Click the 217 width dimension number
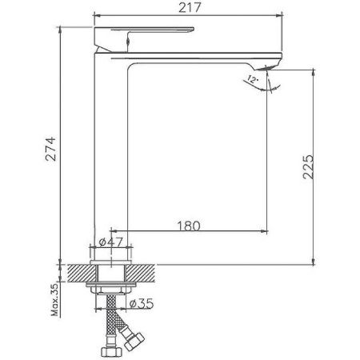pos(189,7)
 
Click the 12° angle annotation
pos(254,78)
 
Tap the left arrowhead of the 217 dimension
pos(98,15)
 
